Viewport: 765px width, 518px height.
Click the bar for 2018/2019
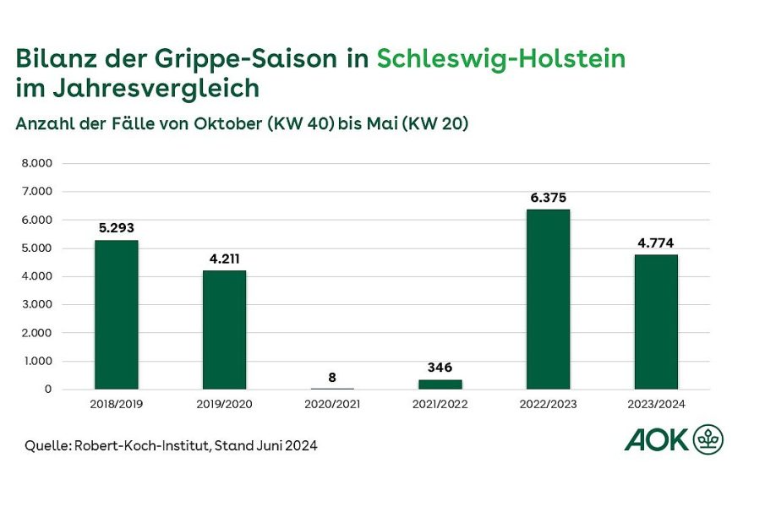click(x=116, y=315)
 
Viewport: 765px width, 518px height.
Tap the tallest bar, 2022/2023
click(x=548, y=299)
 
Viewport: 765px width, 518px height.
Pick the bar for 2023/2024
click(x=656, y=322)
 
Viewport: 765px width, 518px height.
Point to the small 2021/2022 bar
click(x=440, y=384)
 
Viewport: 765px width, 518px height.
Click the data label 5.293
click(x=116, y=228)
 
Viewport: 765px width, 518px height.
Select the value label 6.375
click(x=548, y=198)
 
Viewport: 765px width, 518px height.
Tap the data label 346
click(x=440, y=368)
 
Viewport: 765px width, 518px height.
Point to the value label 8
click(x=332, y=377)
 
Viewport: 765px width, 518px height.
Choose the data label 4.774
click(x=656, y=243)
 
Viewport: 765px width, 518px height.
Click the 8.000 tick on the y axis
click(x=37, y=163)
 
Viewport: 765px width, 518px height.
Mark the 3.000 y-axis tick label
click(x=37, y=304)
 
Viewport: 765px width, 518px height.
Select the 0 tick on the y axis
click(x=49, y=390)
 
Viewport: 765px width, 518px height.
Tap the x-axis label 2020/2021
click(x=332, y=405)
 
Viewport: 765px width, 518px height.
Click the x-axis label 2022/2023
click(x=548, y=405)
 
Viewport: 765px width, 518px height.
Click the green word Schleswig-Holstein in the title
click(x=501, y=59)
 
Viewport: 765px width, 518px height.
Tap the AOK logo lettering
click(x=656, y=439)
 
